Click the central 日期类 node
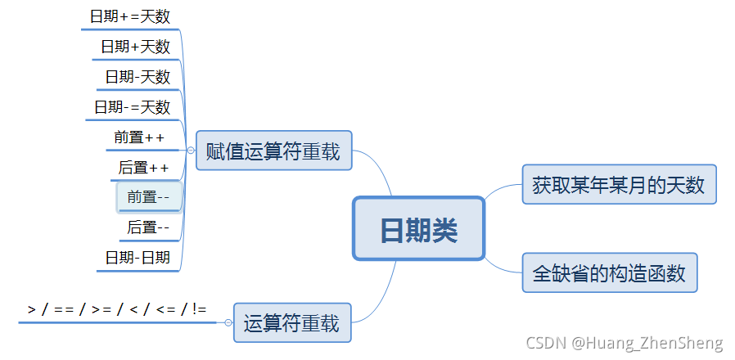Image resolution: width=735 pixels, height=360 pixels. point(418,229)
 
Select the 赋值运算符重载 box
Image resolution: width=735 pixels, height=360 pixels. point(273,151)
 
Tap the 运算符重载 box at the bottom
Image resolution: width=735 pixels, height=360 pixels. point(291,323)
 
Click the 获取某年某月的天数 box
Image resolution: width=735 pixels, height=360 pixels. point(619,184)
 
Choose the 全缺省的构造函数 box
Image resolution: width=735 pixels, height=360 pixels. point(610,272)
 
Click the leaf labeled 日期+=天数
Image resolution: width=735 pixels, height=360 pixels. point(130,16)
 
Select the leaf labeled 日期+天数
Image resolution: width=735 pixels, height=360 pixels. point(136,47)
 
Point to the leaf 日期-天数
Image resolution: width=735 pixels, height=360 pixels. point(138,77)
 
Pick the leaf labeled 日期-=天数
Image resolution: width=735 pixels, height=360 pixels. point(132,106)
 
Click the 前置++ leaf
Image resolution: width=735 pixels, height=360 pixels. point(140,137)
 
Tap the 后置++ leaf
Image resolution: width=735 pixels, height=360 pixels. point(144,168)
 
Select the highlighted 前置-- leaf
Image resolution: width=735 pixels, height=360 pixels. point(149,197)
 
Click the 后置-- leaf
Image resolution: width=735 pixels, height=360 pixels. point(149,227)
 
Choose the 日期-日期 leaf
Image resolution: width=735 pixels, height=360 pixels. point(138,258)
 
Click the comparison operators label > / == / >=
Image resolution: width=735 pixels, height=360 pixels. point(117,308)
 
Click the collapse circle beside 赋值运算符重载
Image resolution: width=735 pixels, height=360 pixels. point(191,151)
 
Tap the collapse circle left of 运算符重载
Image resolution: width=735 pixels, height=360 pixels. point(228,323)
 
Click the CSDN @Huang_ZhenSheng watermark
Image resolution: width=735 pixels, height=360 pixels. point(624,343)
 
